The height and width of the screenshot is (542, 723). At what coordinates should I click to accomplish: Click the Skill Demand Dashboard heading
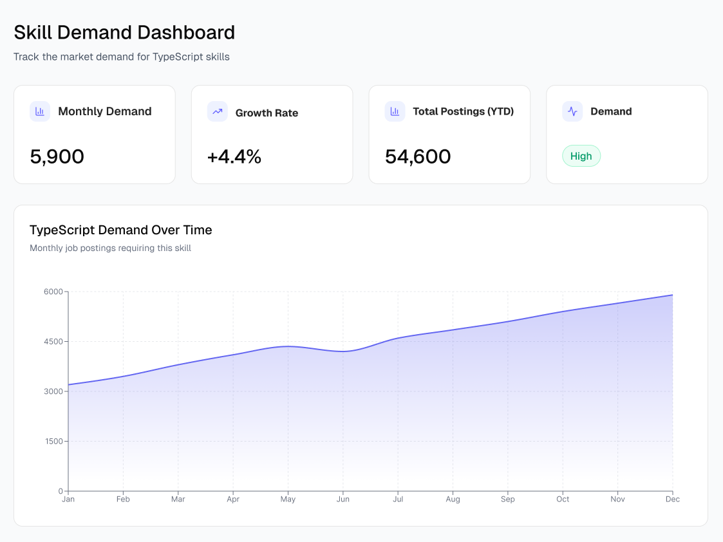pyautogui.click(x=124, y=32)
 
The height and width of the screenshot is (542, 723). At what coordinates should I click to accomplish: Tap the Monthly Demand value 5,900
pyautogui.click(x=57, y=156)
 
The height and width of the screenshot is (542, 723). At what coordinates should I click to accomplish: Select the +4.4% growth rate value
pyautogui.click(x=234, y=156)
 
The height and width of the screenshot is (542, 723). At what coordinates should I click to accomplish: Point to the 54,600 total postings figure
pyautogui.click(x=418, y=156)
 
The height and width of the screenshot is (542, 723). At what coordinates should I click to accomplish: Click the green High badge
pyautogui.click(x=581, y=156)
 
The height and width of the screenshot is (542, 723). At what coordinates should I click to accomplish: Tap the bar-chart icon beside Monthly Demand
pyautogui.click(x=40, y=111)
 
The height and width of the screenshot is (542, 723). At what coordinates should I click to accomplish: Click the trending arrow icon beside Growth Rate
pyautogui.click(x=218, y=111)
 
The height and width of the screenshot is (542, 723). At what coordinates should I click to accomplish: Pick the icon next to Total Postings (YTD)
pyautogui.click(x=395, y=111)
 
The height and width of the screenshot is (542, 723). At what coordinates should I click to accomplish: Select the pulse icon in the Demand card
pyautogui.click(x=572, y=111)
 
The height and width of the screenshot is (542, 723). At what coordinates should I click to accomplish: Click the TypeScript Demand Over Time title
pyautogui.click(x=121, y=230)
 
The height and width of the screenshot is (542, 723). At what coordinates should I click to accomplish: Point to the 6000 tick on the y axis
pyautogui.click(x=53, y=292)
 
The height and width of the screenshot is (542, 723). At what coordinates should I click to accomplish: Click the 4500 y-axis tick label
pyautogui.click(x=53, y=342)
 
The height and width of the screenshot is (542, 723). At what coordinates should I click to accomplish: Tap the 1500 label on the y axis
pyautogui.click(x=53, y=442)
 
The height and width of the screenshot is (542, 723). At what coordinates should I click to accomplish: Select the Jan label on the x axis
pyautogui.click(x=68, y=499)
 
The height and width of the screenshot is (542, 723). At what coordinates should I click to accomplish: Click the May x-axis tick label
pyautogui.click(x=288, y=499)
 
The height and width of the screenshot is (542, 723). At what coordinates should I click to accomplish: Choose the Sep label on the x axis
pyautogui.click(x=508, y=499)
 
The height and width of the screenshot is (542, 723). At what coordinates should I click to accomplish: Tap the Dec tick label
pyautogui.click(x=673, y=499)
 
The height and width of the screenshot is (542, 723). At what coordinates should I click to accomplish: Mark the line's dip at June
pyautogui.click(x=343, y=351)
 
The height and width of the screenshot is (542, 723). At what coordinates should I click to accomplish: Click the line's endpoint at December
pyautogui.click(x=673, y=295)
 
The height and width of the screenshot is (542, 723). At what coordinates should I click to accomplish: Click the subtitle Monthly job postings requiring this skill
pyautogui.click(x=110, y=248)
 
